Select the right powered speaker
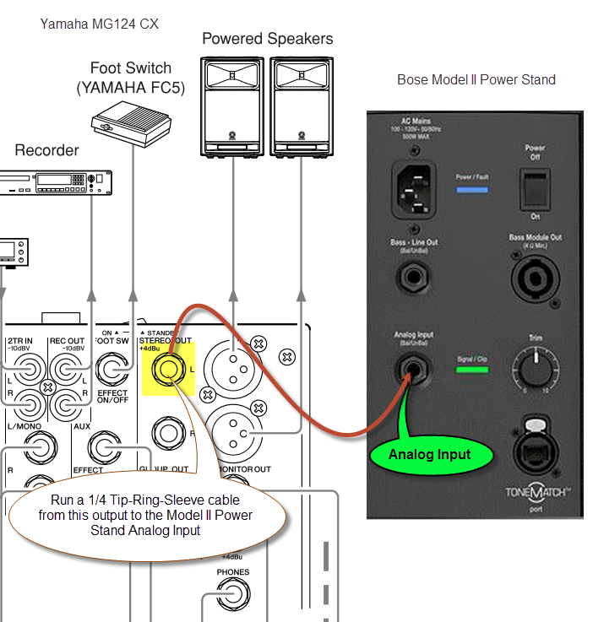tap(301, 105)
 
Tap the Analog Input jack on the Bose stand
tap(415, 368)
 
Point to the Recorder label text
tap(46, 150)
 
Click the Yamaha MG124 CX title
tap(99, 24)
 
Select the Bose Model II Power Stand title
tap(476, 80)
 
